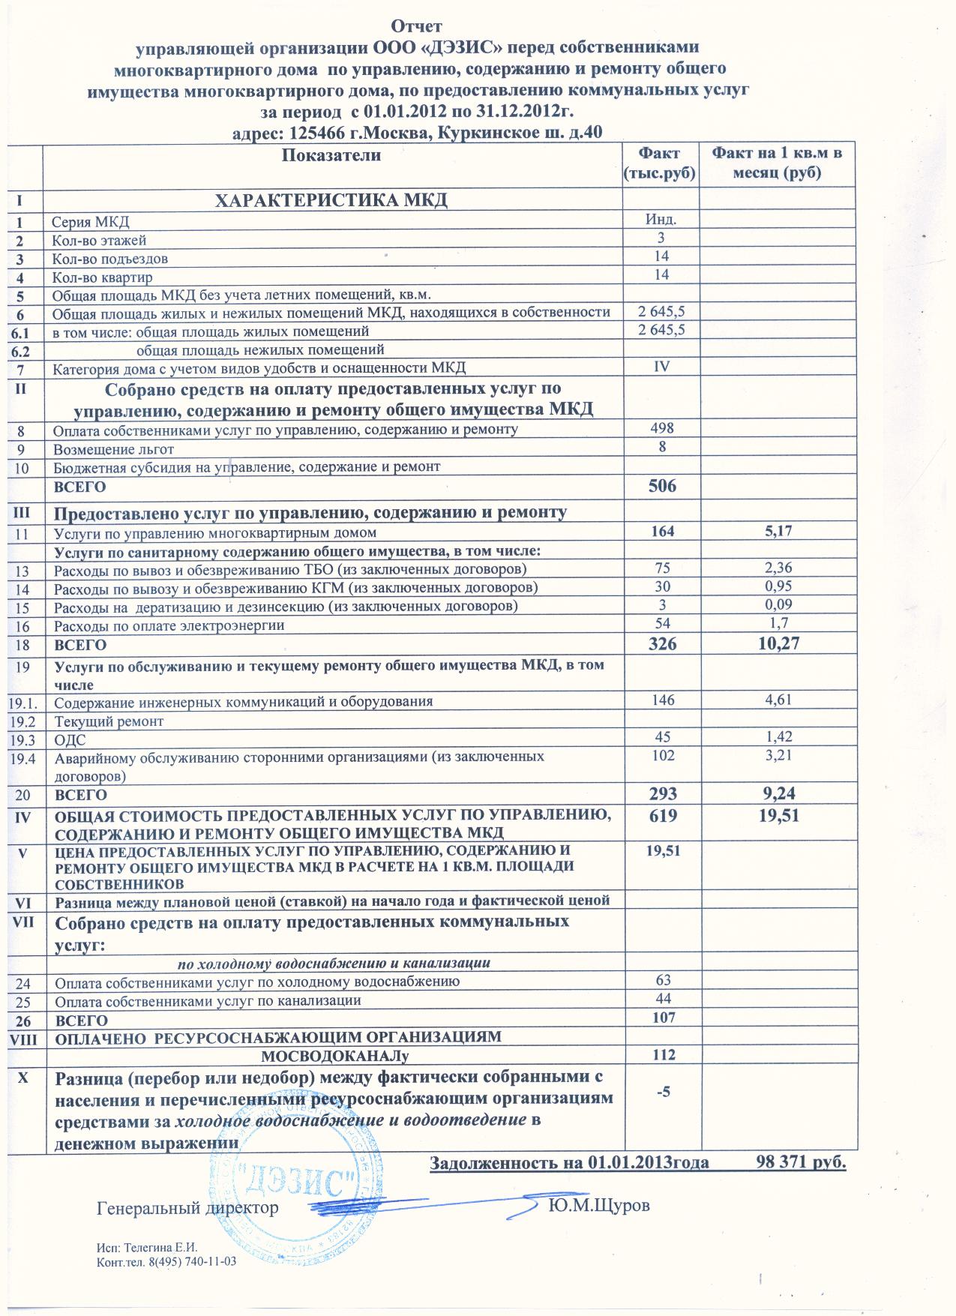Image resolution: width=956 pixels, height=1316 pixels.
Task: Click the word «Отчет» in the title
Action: pos(417,28)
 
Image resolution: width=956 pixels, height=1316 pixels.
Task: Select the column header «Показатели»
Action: pos(331,155)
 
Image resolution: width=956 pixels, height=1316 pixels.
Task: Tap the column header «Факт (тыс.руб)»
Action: pos(660,163)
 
